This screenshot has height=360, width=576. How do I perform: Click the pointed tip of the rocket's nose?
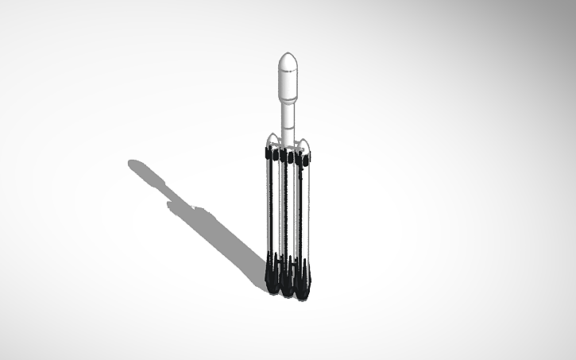[288, 53]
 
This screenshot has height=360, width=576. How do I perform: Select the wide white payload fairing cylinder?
[288, 84]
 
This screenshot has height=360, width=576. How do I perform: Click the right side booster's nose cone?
[304, 143]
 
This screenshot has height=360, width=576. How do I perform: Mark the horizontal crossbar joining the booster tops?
[288, 148]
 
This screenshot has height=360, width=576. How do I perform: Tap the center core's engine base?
[287, 285]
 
